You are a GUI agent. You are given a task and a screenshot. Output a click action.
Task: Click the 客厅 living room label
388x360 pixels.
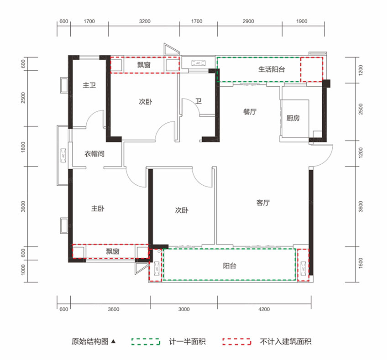click(263, 203)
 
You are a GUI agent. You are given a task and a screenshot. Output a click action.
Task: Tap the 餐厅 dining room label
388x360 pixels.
click(249, 112)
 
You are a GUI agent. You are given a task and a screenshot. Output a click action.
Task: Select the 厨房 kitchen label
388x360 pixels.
click(293, 118)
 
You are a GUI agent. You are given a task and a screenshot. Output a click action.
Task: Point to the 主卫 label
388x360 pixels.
click(89, 85)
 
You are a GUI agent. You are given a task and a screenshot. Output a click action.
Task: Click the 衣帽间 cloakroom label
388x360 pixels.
click(94, 154)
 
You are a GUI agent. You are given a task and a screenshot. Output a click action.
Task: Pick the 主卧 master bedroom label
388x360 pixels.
click(98, 209)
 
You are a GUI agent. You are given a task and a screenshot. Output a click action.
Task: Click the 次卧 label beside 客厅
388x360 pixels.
click(182, 210)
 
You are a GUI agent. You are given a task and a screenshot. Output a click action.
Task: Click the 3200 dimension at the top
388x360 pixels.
click(144, 21)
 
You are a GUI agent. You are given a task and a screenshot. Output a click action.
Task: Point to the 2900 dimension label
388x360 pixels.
click(248, 21)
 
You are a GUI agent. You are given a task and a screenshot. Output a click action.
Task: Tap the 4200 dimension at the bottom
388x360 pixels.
click(264, 309)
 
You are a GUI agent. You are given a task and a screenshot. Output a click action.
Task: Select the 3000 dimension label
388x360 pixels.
click(184, 309)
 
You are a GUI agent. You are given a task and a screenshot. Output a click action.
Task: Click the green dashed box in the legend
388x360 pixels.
click(146, 341)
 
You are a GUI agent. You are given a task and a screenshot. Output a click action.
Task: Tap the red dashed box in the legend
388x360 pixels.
click(237, 341)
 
